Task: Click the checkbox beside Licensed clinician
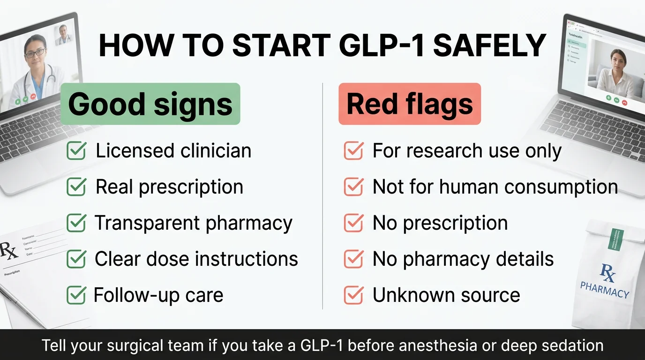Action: pyautogui.click(x=76, y=151)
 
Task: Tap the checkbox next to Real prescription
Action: pyautogui.click(x=76, y=187)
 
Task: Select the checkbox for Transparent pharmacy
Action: pyautogui.click(x=76, y=223)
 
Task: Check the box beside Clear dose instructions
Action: pyautogui.click(x=76, y=259)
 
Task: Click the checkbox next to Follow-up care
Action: pyautogui.click(x=76, y=295)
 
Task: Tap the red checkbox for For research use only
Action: pyautogui.click(x=353, y=151)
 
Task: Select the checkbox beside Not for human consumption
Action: pyautogui.click(x=353, y=187)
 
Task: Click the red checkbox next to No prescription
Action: pyautogui.click(x=353, y=223)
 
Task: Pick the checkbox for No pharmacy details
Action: pyautogui.click(x=353, y=259)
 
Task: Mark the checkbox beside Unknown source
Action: pyautogui.click(x=353, y=295)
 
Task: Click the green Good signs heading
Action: pyautogui.click(x=150, y=104)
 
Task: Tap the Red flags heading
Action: pyautogui.click(x=410, y=104)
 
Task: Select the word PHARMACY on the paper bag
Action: pyautogui.click(x=604, y=289)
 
